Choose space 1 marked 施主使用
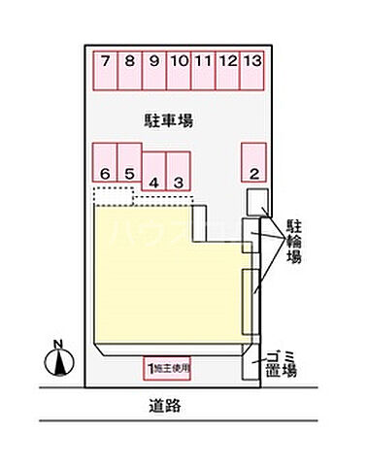click(x=168, y=368)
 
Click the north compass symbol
click(x=59, y=363)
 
